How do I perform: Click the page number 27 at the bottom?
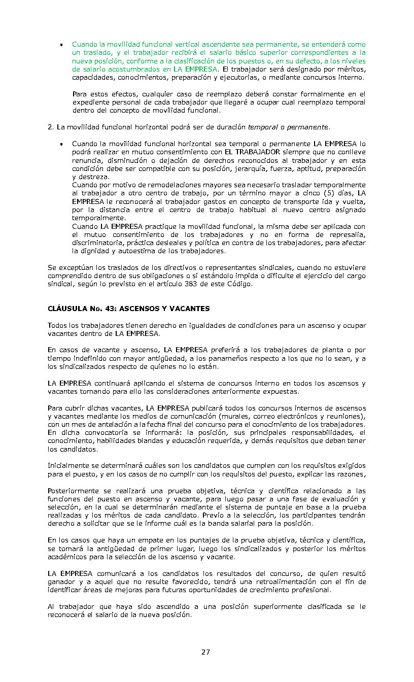205,652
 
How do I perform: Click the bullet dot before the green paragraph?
60,45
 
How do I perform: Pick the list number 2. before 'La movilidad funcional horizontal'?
51,127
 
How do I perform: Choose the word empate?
142,541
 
